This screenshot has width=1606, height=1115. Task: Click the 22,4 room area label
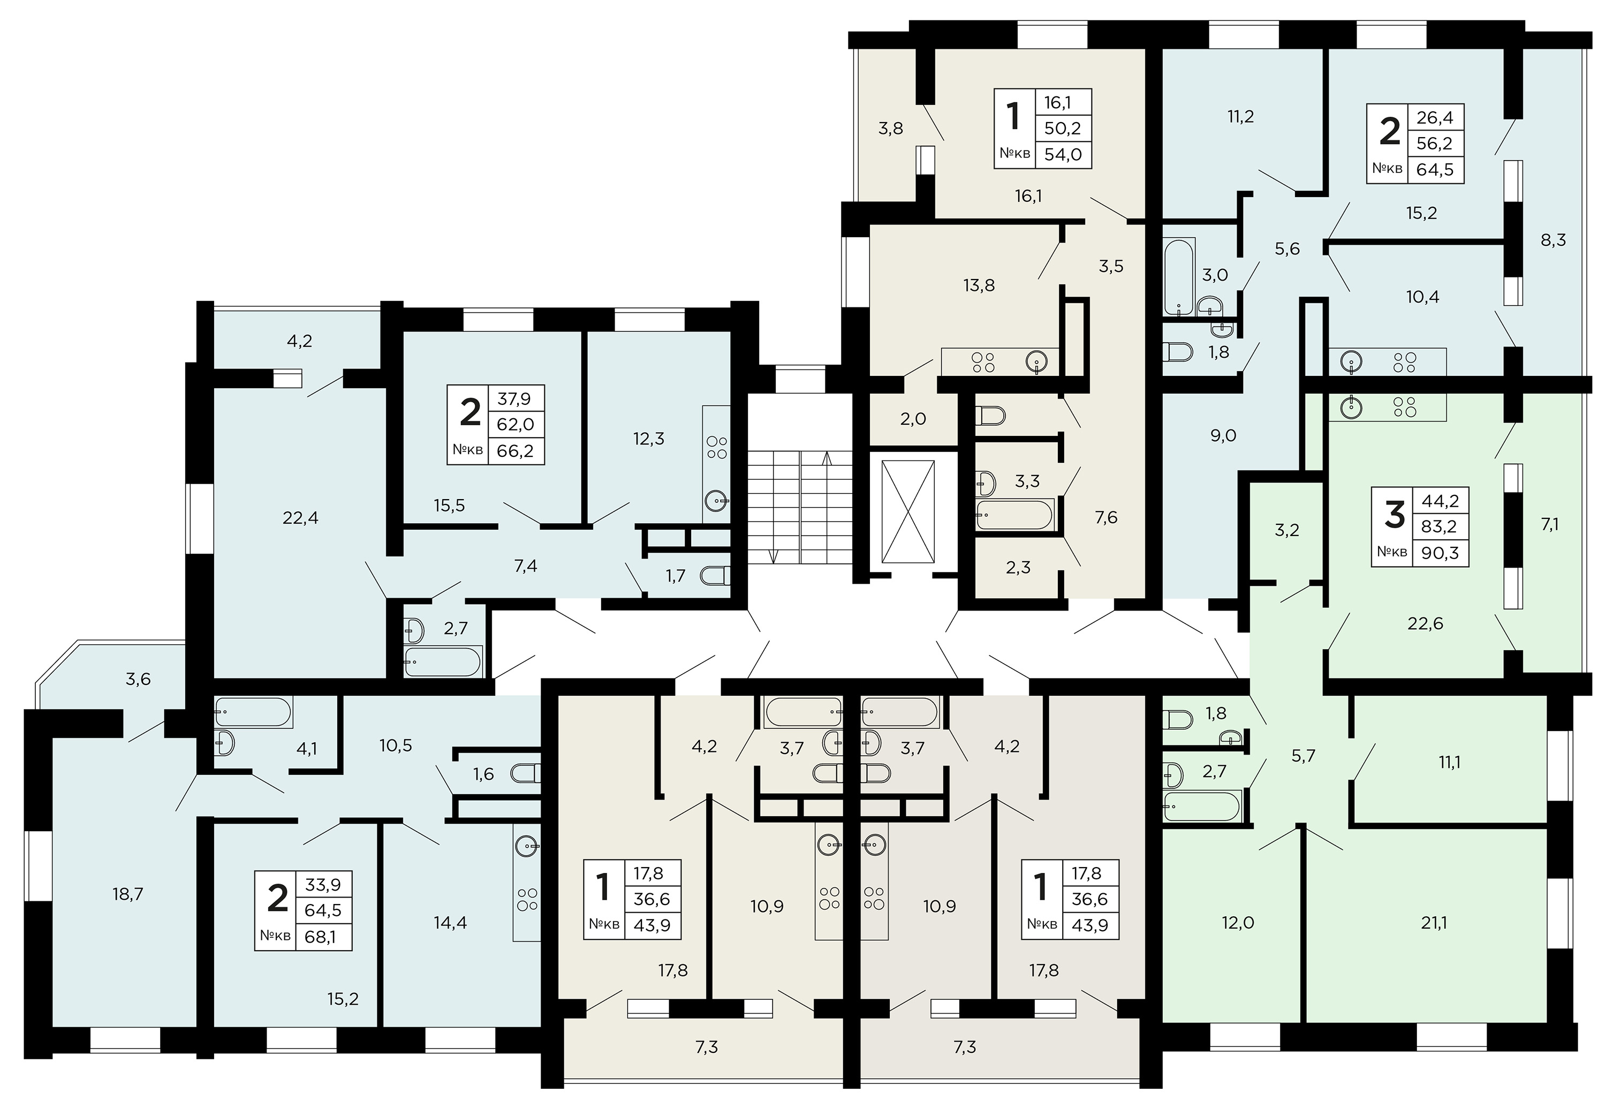click(300, 518)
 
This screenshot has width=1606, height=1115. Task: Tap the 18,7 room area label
click(128, 893)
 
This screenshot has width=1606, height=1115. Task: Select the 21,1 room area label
click(1434, 923)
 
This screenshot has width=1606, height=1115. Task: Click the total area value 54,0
click(1063, 154)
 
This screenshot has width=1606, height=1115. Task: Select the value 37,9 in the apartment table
click(514, 398)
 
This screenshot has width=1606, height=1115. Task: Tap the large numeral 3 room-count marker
click(1393, 516)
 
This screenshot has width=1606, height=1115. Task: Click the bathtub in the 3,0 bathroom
click(1179, 277)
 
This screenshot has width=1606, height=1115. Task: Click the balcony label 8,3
click(1553, 239)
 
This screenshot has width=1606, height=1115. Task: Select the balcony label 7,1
click(1549, 524)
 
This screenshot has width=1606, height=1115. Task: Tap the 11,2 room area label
click(1240, 117)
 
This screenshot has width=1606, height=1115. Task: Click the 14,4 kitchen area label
click(450, 923)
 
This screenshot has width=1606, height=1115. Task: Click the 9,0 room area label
click(1223, 435)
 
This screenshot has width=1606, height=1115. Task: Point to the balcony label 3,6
click(138, 679)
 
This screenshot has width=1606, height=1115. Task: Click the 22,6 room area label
click(1425, 623)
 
